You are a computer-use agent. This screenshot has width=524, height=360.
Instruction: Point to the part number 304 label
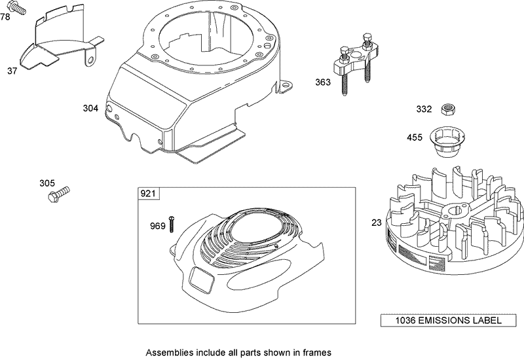point(90,108)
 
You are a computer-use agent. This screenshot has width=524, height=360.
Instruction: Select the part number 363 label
point(323,82)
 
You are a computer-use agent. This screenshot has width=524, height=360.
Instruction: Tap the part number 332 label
point(424,109)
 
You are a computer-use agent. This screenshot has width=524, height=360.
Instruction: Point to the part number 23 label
point(376,223)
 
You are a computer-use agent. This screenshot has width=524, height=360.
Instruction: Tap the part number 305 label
point(47,183)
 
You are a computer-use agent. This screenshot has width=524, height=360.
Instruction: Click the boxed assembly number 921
point(148,194)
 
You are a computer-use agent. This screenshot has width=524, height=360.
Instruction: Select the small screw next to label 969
point(172,224)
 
